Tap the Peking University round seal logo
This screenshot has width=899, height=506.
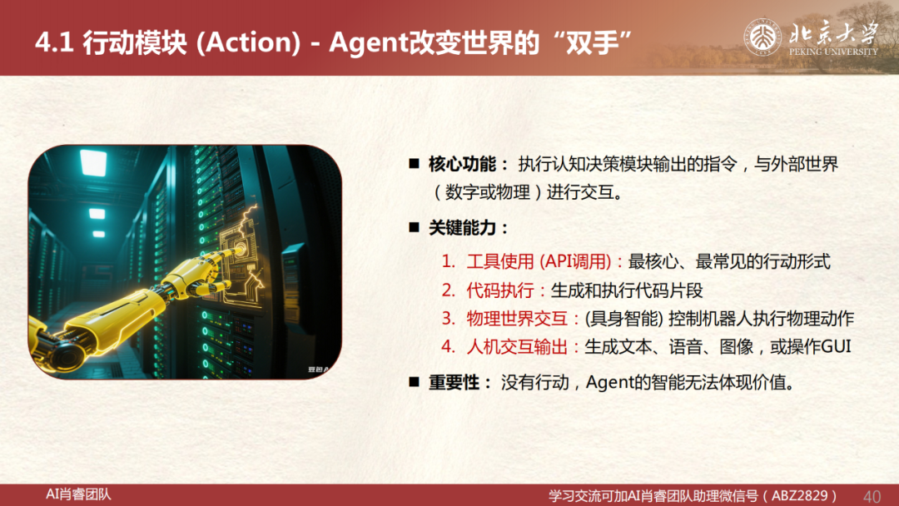pyautogui.click(x=762, y=37)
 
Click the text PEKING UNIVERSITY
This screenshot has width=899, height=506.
pyautogui.click(x=833, y=52)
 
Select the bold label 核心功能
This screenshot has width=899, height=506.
pyautogui.click(x=462, y=165)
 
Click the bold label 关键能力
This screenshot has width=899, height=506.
pyautogui.click(x=462, y=228)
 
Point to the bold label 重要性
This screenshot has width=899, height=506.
pyautogui.click(x=454, y=382)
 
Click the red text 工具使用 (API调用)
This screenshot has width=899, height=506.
pyautogui.click(x=539, y=262)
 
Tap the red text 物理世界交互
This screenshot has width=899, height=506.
pyautogui.click(x=517, y=319)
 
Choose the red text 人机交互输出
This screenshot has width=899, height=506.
pyautogui.click(x=517, y=347)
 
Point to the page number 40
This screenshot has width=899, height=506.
pyautogui.click(x=872, y=496)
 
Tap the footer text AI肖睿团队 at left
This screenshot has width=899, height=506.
pyautogui.click(x=78, y=494)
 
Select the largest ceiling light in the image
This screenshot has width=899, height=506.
pyautogui.click(x=93, y=161)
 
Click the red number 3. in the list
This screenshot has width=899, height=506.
pyautogui.click(x=449, y=319)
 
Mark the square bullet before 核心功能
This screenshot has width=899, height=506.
pyautogui.click(x=414, y=165)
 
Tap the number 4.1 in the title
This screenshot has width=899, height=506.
pyautogui.click(x=54, y=43)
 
